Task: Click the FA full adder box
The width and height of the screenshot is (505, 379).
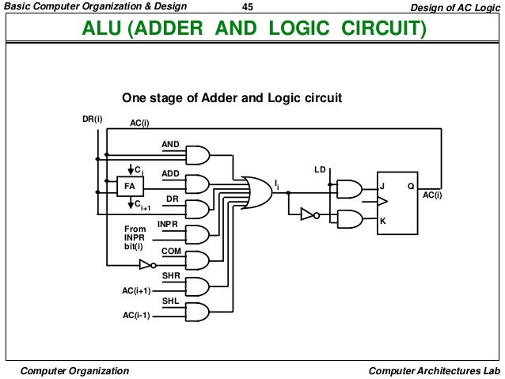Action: (x=127, y=187)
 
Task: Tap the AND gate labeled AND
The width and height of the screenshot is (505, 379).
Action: (x=197, y=154)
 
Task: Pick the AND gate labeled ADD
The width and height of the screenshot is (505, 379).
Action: (x=197, y=183)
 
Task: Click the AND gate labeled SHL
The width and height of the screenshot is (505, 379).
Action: (x=197, y=311)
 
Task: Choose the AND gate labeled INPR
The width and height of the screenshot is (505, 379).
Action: (x=197, y=234)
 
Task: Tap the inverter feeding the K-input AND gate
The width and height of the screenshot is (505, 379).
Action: (x=308, y=214)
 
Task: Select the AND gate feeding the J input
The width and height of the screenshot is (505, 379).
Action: (x=347, y=188)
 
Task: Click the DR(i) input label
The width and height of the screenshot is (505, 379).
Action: (x=93, y=119)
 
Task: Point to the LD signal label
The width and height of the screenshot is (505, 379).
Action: (x=320, y=169)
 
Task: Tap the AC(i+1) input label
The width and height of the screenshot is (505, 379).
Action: (x=135, y=290)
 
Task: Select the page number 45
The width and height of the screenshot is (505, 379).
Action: (x=248, y=7)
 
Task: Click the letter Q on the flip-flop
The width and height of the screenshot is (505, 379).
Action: (x=410, y=187)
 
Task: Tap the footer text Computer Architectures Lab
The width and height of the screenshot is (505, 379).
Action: (x=434, y=370)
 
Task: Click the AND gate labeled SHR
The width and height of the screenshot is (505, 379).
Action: (x=197, y=286)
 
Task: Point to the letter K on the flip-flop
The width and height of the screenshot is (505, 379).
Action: (x=382, y=221)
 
